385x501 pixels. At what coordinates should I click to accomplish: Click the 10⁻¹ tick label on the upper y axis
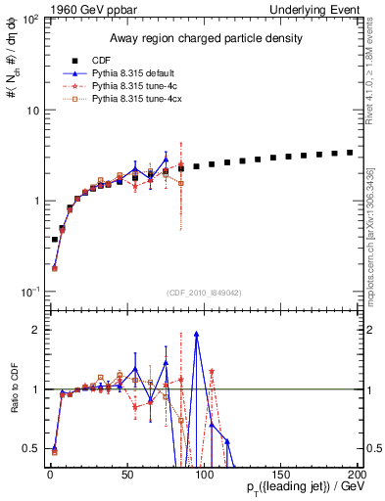pos(28,292)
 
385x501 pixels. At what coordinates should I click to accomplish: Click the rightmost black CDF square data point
pos(351,153)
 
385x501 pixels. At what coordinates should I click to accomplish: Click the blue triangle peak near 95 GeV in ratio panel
pos(197,334)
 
